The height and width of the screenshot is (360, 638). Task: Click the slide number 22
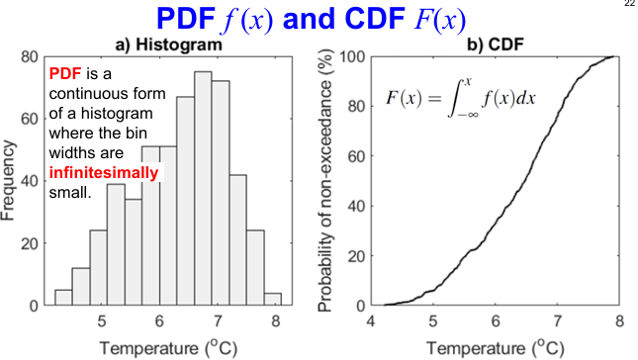point(629,5)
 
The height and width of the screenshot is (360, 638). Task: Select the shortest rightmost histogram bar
point(273,298)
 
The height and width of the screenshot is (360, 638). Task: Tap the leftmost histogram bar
point(63,297)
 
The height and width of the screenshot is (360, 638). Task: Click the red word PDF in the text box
point(63,74)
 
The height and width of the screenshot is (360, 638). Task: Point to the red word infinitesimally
point(103,173)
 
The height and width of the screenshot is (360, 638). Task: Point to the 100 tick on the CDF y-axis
point(351,56)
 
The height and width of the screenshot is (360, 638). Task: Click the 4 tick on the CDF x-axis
point(370,320)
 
